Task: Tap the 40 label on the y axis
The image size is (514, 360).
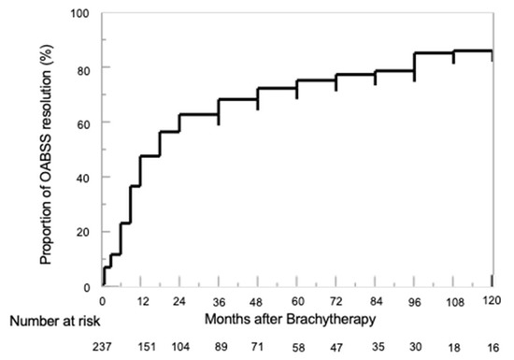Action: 83,177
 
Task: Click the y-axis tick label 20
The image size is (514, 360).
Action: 83,231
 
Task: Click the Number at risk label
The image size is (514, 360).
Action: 46,320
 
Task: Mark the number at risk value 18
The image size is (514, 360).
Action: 453,346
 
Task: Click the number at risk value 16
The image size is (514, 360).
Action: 492,346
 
